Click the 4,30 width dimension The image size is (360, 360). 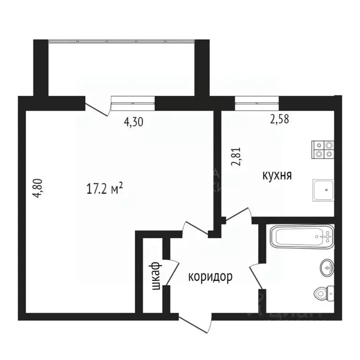click(133, 122)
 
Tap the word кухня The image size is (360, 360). click(277, 176)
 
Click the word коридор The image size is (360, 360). click(210, 277)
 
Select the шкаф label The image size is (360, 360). click(157, 276)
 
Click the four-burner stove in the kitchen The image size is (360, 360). click(323, 149)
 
